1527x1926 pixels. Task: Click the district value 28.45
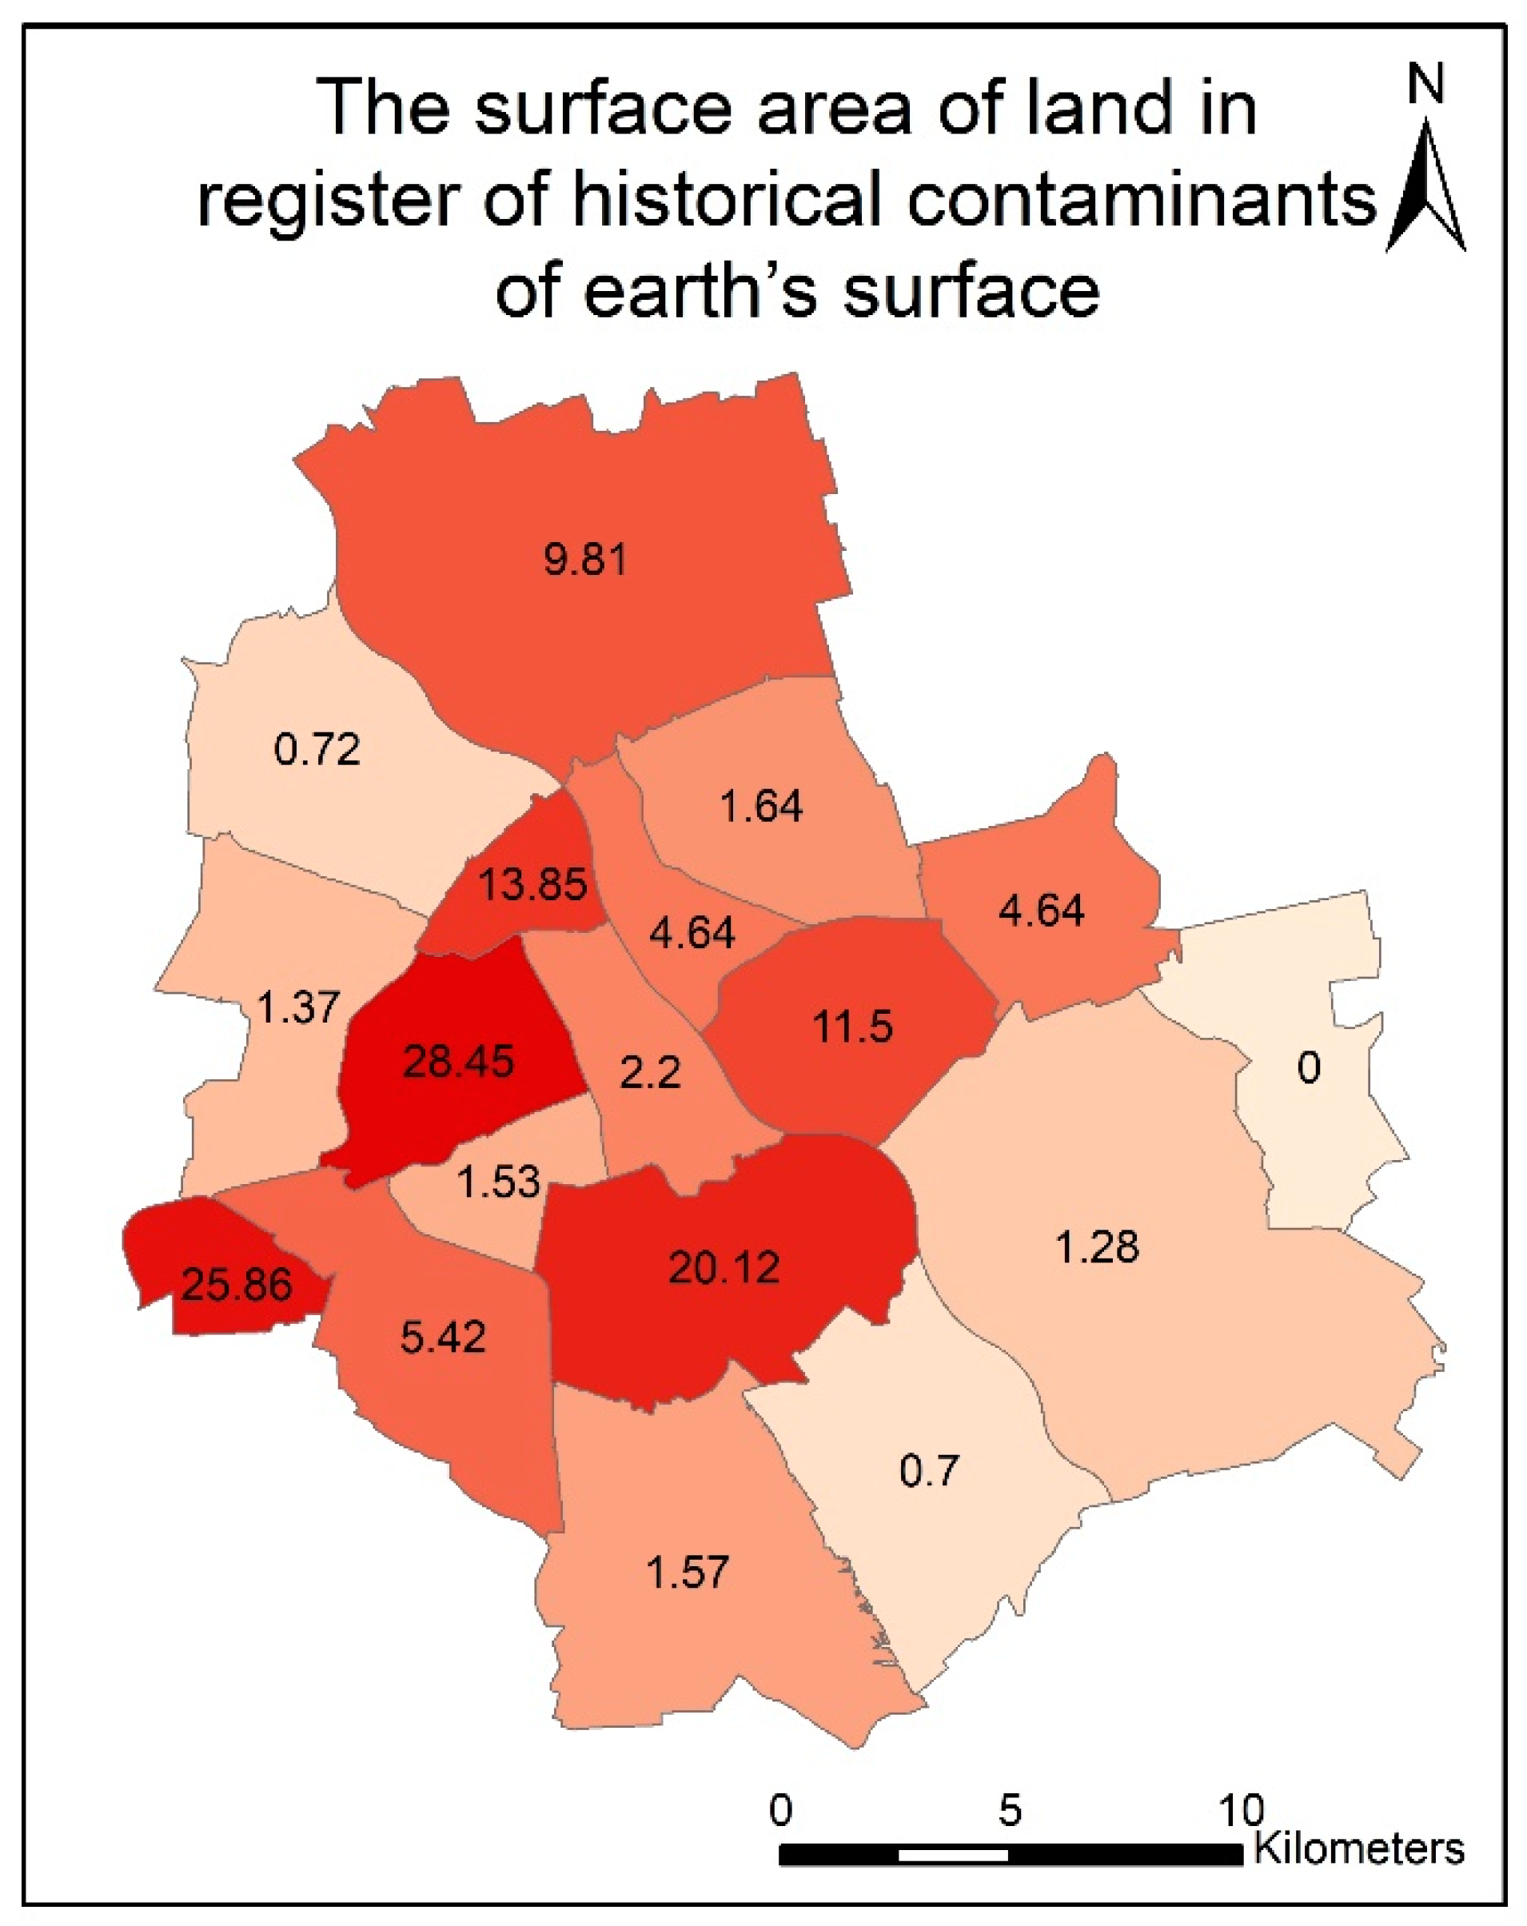pyautogui.click(x=457, y=1061)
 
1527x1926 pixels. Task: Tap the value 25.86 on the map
pyautogui.click(x=237, y=1285)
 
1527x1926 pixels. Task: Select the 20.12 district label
pyautogui.click(x=724, y=1266)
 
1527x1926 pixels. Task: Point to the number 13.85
pyautogui.click(x=532, y=884)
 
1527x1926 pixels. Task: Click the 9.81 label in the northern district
pyautogui.click(x=586, y=559)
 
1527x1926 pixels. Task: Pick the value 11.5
pyautogui.click(x=851, y=1027)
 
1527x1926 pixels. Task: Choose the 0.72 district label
pyautogui.click(x=317, y=748)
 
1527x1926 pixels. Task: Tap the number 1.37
pyautogui.click(x=298, y=1007)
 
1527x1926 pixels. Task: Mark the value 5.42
pyautogui.click(x=443, y=1338)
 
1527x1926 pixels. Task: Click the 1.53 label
pyautogui.click(x=499, y=1182)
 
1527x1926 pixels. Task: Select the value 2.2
pyautogui.click(x=651, y=1072)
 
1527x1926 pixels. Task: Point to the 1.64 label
pyautogui.click(x=761, y=806)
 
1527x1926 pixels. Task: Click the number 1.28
pyautogui.click(x=1097, y=1247)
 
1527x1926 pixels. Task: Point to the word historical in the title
pyautogui.click(x=728, y=198)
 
